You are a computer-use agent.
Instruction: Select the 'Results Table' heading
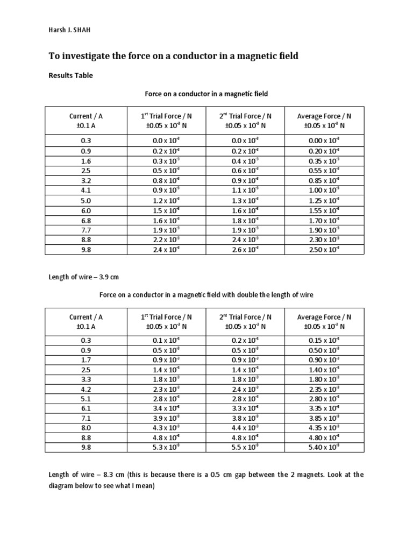pos(70,75)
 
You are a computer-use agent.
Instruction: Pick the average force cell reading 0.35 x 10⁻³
pos(324,161)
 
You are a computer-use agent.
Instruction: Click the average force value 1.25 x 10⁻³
pos(324,200)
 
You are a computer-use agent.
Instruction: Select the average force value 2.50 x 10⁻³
pos(324,250)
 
